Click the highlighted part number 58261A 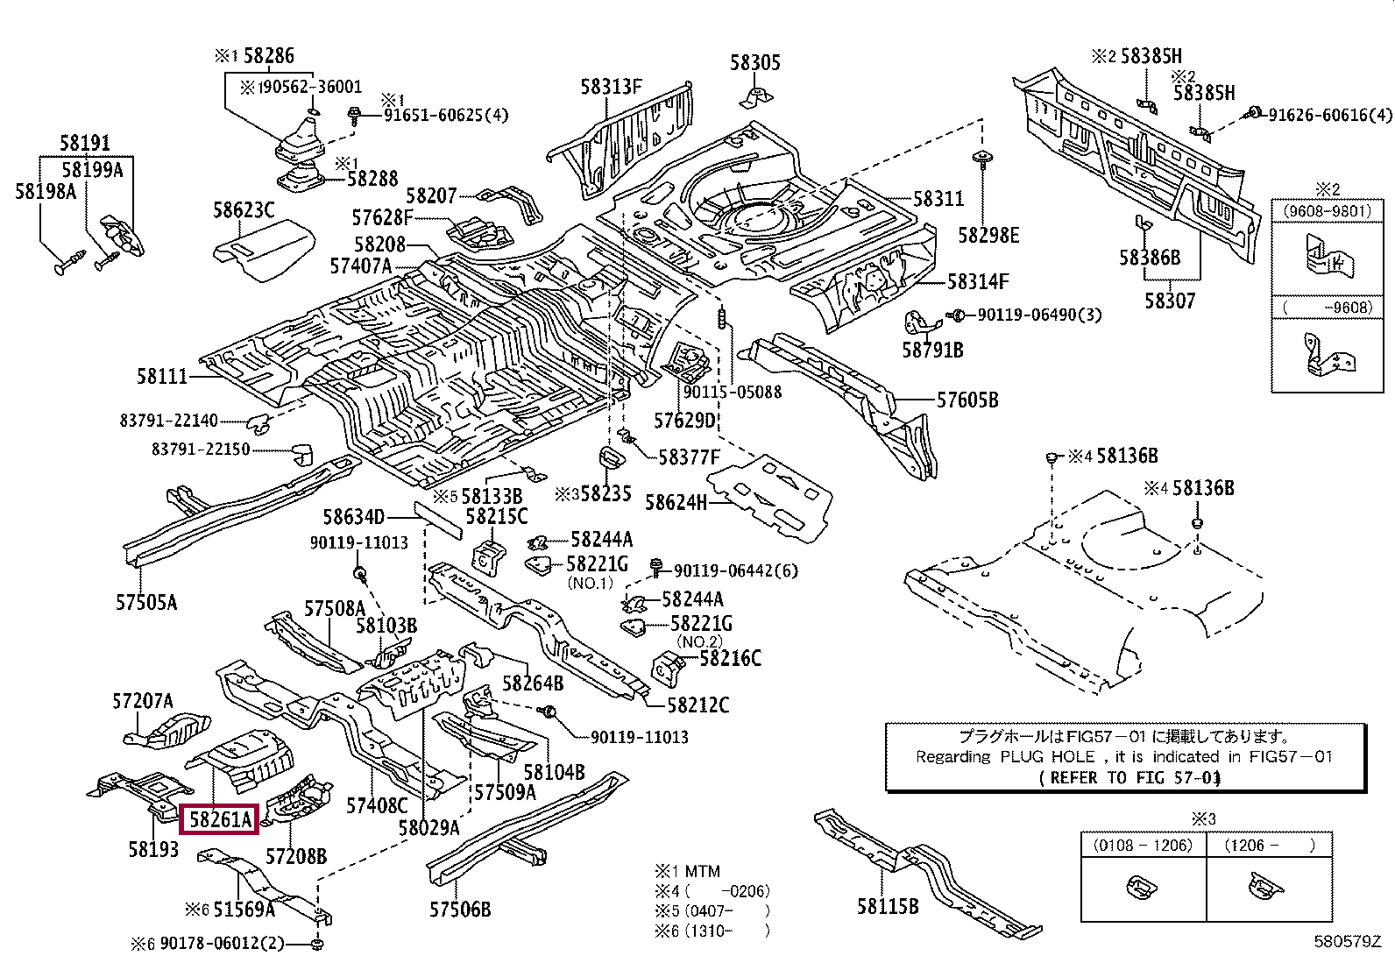220,819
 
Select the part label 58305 755,62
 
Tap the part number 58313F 611,86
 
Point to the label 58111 162,377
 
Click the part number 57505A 146,602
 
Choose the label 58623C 244,209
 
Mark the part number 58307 1169,301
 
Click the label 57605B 967,400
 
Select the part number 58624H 676,502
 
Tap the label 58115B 888,906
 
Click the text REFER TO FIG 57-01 1129,777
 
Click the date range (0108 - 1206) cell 1143,845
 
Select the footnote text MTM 701,871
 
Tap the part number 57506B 460,910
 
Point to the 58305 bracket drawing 754,95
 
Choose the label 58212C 698,705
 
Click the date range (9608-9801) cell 1322,211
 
